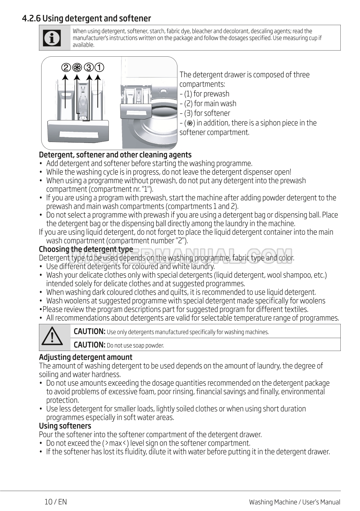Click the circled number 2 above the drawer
click(x=66, y=68)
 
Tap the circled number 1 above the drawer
click(x=99, y=68)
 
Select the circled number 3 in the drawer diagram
click(x=88, y=68)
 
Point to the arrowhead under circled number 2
click(x=65, y=77)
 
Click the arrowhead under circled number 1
click(x=99, y=77)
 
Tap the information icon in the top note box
click(x=52, y=38)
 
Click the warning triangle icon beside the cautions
click(x=52, y=336)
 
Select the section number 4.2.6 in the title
click(x=31, y=18)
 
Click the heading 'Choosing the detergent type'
click(x=86, y=249)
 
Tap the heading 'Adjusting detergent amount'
click(x=85, y=357)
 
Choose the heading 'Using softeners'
click(x=65, y=426)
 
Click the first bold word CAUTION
click(x=90, y=331)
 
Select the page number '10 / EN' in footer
click(x=56, y=502)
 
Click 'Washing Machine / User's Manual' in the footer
click(x=294, y=502)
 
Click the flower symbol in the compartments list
click(x=190, y=123)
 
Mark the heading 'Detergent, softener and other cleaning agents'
click(x=115, y=155)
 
